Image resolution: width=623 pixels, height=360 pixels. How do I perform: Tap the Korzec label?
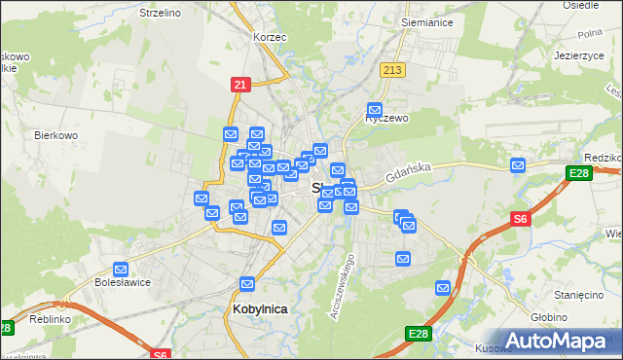click(x=267, y=36)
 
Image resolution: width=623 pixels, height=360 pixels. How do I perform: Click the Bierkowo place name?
click(x=55, y=135)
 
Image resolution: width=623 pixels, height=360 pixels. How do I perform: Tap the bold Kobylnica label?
click(x=261, y=308)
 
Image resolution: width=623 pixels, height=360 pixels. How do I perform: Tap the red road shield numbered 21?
click(x=239, y=85)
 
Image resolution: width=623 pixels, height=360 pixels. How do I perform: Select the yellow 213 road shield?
click(x=393, y=70)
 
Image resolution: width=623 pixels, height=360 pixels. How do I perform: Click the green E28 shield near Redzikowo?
click(x=577, y=173)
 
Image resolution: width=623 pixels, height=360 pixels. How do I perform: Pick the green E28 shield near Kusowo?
click(x=419, y=334)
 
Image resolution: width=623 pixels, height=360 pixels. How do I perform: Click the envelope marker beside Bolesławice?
click(x=122, y=270)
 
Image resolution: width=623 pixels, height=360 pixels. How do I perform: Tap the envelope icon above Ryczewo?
click(x=375, y=110)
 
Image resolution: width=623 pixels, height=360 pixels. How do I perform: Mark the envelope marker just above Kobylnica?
click(x=247, y=284)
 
